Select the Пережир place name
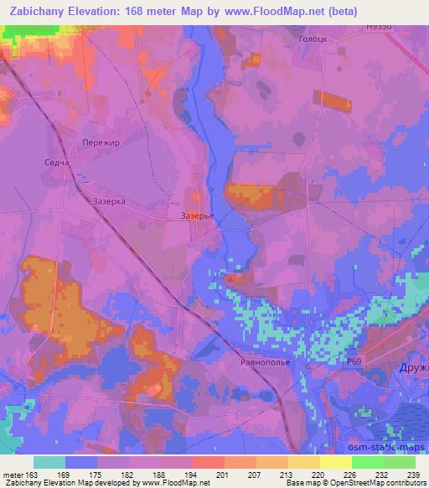coord(102,143)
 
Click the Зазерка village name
coord(109,202)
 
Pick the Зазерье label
coord(199,215)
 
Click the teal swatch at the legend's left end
coord(49,463)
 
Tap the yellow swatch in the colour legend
coord(335,463)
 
